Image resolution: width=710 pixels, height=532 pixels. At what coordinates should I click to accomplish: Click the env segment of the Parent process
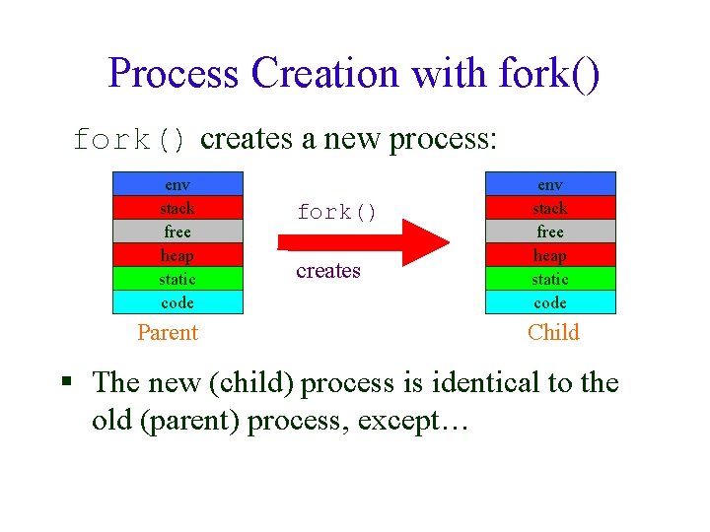pos(177,184)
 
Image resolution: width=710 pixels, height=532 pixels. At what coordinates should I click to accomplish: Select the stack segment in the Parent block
pos(177,208)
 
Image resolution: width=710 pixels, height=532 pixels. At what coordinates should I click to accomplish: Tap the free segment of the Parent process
pos(177,232)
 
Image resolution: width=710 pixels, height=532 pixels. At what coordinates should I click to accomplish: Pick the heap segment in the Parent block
pos(177,255)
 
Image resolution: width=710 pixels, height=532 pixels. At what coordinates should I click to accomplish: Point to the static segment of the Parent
pos(177,279)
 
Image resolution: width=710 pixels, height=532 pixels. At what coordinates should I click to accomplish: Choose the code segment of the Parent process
pos(177,302)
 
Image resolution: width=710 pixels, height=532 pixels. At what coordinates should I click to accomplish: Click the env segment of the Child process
pos(550,184)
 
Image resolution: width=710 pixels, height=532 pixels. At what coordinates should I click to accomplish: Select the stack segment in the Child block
pos(550,208)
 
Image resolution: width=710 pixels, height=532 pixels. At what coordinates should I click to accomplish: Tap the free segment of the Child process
pos(550,232)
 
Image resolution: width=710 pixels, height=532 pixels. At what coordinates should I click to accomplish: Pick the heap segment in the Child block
pos(550,255)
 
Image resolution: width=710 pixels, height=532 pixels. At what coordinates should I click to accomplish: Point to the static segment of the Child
pos(550,279)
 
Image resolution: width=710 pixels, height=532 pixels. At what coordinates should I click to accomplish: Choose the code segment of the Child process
pos(550,302)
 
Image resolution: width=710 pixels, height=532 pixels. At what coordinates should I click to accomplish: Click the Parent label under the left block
pos(168,333)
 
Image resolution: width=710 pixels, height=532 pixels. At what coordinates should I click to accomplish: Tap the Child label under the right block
pos(553,333)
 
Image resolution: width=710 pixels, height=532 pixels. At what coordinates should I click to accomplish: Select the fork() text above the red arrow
pos(337,213)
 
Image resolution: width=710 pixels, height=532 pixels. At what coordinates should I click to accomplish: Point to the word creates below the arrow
pos(328,271)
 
